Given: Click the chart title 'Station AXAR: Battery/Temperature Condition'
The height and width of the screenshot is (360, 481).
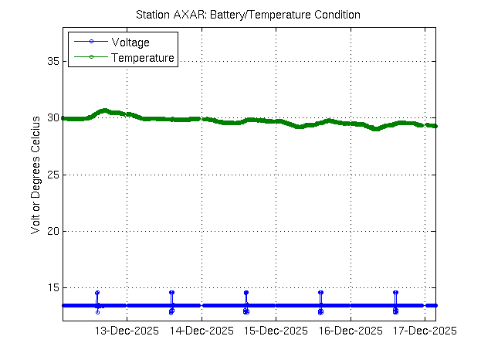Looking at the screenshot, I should [x=247, y=15].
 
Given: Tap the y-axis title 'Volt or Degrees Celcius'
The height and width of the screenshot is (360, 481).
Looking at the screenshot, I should [x=36, y=174].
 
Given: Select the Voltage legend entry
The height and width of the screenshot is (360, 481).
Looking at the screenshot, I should [x=130, y=42].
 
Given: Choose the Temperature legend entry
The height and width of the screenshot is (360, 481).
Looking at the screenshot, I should [x=143, y=58].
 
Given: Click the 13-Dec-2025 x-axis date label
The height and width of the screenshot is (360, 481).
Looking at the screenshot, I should [x=127, y=331].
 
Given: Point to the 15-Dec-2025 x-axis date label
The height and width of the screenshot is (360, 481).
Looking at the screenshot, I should [x=276, y=331].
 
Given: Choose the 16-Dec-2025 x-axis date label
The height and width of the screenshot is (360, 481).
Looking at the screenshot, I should [x=350, y=331].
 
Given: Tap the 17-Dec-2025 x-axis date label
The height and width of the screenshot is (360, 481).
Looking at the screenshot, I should [x=424, y=331].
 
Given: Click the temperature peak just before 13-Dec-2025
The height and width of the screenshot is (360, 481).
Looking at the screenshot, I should [x=105, y=110].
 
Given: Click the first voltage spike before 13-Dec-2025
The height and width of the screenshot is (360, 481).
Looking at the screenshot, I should [x=97, y=294].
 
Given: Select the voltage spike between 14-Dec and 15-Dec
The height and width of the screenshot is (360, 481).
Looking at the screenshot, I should [x=246, y=294].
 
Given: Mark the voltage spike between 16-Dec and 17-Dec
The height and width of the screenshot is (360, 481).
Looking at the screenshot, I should [x=395, y=293].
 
